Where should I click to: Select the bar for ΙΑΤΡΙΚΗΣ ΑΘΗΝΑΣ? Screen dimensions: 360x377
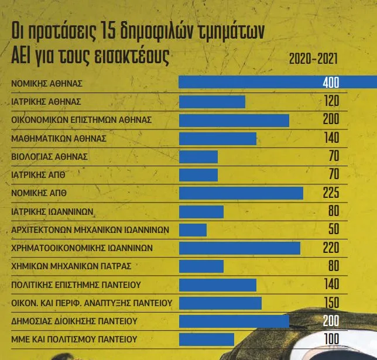(x=211, y=102)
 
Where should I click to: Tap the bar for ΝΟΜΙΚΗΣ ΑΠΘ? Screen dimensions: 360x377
(x=241, y=193)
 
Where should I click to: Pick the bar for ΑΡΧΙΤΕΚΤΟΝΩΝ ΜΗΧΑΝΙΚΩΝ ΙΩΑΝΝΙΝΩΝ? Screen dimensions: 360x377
(x=193, y=229)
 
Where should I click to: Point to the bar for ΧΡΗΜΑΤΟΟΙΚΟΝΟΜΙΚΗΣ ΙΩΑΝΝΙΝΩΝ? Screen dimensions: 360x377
(x=239, y=248)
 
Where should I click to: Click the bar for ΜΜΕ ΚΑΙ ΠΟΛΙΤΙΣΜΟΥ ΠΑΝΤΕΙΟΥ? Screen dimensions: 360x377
(x=206, y=339)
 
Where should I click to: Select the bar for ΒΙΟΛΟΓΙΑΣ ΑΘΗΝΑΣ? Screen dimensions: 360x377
(x=198, y=157)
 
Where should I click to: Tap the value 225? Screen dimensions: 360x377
(x=331, y=193)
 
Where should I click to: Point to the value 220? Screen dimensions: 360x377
(x=331, y=248)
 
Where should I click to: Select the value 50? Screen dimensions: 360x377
(x=334, y=229)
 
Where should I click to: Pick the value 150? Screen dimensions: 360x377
(x=331, y=303)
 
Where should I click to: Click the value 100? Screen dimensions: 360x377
(x=331, y=339)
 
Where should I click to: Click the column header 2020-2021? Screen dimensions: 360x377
(x=313, y=59)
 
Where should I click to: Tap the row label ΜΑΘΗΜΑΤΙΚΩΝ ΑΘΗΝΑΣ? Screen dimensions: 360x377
(x=59, y=139)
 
